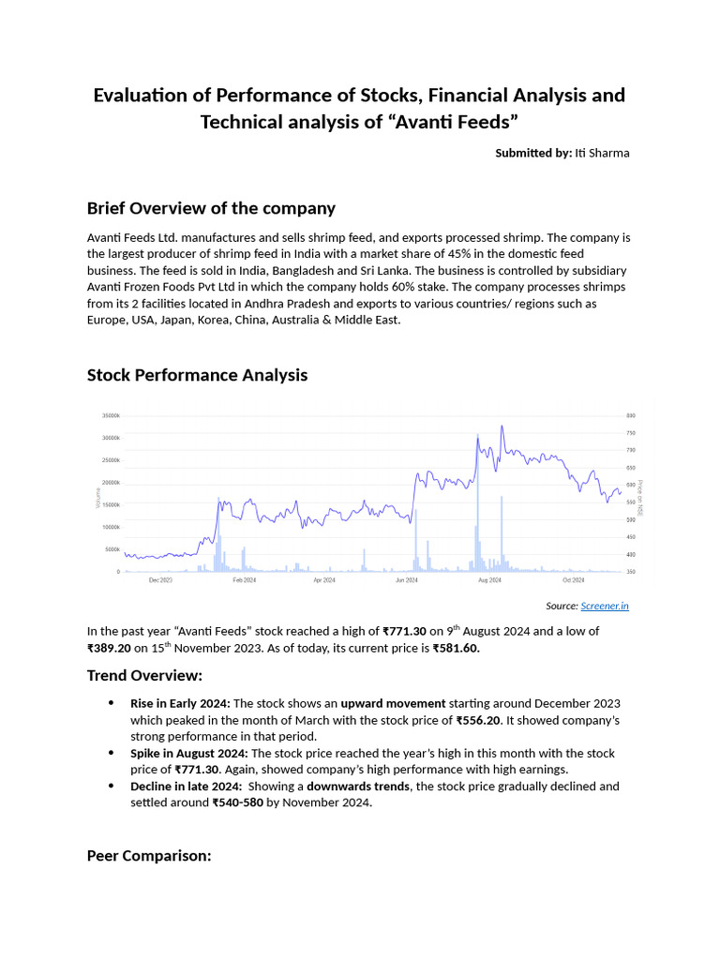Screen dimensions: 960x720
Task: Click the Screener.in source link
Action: click(605, 607)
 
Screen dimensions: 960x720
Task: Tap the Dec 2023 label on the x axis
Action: click(160, 580)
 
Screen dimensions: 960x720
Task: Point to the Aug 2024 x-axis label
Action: click(489, 580)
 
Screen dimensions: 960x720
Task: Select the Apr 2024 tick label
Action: click(324, 580)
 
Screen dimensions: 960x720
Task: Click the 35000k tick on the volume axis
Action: click(111, 415)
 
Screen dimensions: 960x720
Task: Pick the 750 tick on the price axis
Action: click(631, 433)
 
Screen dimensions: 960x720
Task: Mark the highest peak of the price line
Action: click(502, 426)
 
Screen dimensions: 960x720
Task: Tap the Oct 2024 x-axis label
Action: click(573, 580)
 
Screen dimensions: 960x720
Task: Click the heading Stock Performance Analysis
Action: click(197, 375)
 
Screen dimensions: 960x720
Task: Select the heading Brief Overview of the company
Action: click(211, 208)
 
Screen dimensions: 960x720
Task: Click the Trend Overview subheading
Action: click(144, 675)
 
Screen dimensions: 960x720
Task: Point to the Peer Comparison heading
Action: click(149, 855)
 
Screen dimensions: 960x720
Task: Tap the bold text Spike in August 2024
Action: click(188, 754)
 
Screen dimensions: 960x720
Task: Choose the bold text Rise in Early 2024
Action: click(180, 703)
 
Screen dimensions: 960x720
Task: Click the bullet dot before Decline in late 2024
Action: click(112, 787)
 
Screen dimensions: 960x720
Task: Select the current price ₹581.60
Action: click(456, 648)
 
